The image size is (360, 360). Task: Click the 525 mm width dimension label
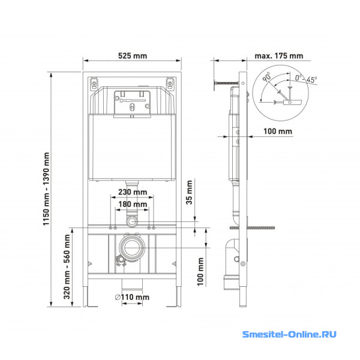pyautogui.click(x=133, y=56)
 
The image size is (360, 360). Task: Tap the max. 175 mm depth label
pyautogui.click(x=279, y=56)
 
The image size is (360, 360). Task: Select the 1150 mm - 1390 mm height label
pyautogui.click(x=46, y=189)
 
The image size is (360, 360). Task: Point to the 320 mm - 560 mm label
pyautogui.click(x=67, y=266)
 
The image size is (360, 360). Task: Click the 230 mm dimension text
pyautogui.click(x=133, y=192)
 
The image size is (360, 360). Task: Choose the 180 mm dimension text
pyautogui.click(x=133, y=204)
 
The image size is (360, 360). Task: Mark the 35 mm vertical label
pyautogui.click(x=189, y=193)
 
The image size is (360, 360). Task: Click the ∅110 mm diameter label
pyautogui.click(x=132, y=297)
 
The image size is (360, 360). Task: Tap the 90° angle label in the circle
pyautogui.click(x=267, y=77)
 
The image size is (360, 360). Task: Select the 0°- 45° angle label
pyautogui.click(x=306, y=79)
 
